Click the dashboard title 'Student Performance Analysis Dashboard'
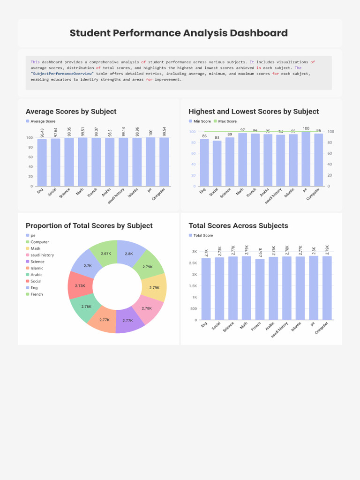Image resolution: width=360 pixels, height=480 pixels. coord(179,33)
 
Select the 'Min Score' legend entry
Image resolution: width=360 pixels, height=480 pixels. coord(200,121)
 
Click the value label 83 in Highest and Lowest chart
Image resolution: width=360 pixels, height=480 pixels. coord(217,137)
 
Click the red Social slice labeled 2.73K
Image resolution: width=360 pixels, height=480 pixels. coord(80,285)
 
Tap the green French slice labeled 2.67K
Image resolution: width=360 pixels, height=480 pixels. coord(105,254)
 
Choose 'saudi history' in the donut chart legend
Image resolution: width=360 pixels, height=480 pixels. coord(42,255)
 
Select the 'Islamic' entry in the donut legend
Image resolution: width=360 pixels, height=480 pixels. coord(37,268)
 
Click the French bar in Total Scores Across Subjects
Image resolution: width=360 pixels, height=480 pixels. coord(260,289)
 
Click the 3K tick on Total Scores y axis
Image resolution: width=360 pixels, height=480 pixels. coord(194,252)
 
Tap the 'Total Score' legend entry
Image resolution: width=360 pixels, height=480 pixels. coord(203,235)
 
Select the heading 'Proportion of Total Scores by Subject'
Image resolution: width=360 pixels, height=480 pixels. coord(89,225)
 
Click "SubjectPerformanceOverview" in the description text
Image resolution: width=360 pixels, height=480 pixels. coord(62,74)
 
